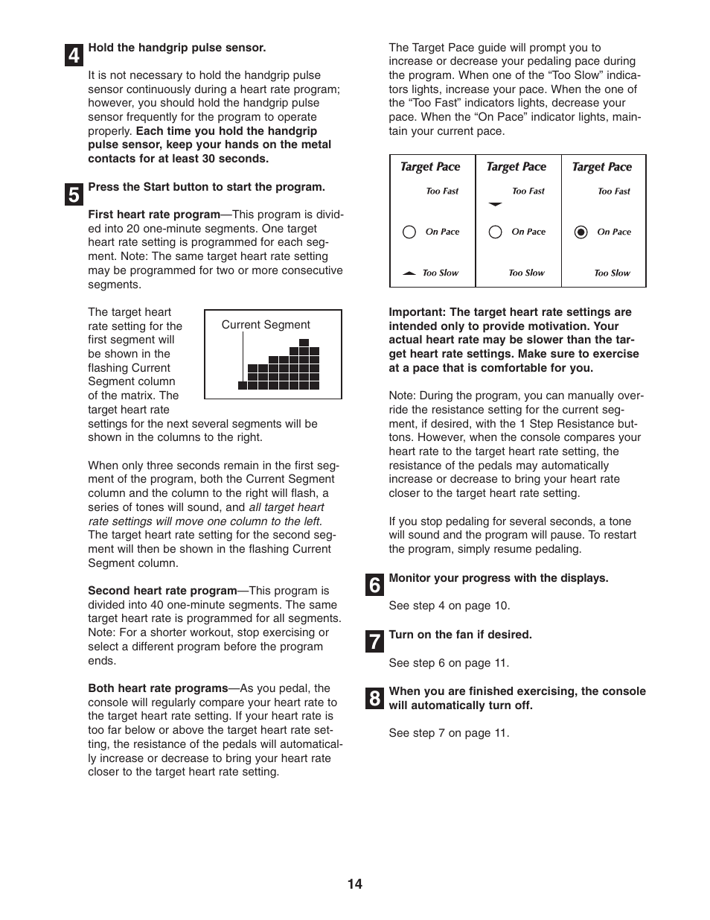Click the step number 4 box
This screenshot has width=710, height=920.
click(73, 55)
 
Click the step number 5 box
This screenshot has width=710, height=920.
click(73, 194)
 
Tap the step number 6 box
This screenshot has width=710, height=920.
click(374, 586)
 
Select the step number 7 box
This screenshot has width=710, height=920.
click(374, 641)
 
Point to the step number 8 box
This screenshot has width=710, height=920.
click(374, 698)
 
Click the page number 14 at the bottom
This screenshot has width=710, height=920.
click(354, 883)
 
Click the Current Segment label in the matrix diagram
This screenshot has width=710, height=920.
click(266, 325)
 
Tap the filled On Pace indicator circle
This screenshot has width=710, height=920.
click(581, 232)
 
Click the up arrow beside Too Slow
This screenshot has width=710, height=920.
click(409, 273)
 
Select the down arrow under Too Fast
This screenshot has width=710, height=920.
click(495, 204)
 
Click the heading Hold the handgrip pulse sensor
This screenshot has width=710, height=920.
click(176, 48)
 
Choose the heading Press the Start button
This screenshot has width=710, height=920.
click(206, 187)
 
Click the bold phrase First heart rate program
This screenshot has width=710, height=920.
click(153, 215)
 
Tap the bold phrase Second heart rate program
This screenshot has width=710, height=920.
click(161, 591)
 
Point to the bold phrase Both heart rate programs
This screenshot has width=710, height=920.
click(158, 688)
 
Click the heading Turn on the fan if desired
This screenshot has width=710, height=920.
click(460, 635)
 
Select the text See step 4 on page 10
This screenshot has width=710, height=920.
click(449, 606)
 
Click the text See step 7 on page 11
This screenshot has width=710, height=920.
click(449, 733)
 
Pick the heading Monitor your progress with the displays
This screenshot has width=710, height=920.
click(498, 578)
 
